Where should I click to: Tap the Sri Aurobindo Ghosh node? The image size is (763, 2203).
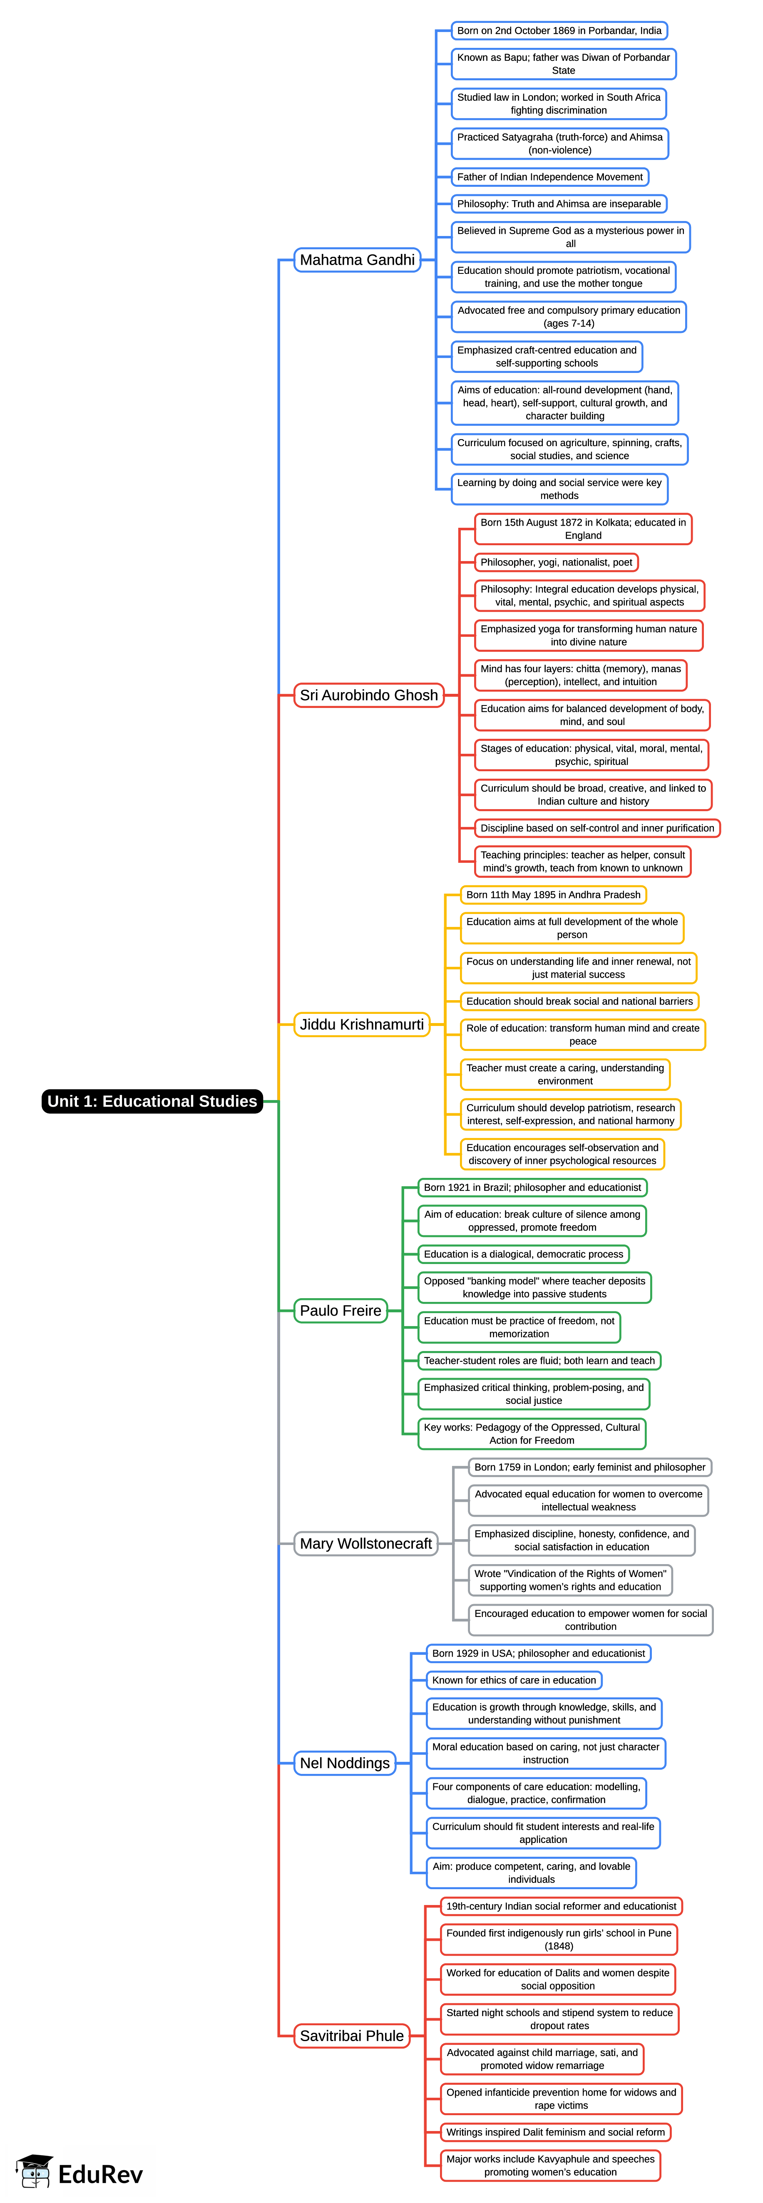(369, 695)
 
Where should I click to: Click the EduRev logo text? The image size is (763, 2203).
(100, 2174)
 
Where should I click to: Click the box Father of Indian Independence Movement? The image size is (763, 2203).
(550, 177)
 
